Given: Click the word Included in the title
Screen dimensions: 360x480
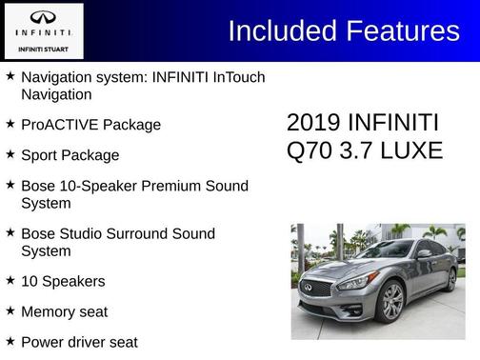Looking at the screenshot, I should [x=284, y=30].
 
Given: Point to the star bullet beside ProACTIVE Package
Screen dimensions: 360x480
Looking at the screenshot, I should [x=10, y=124].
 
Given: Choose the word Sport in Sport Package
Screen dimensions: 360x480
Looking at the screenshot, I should [x=41, y=155].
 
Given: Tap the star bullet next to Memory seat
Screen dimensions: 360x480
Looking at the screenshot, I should [x=10, y=310].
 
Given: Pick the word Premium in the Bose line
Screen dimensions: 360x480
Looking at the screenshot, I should [x=178, y=186].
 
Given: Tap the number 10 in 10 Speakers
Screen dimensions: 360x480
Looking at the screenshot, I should [x=30, y=281].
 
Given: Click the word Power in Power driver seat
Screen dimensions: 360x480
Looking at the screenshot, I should [x=43, y=342].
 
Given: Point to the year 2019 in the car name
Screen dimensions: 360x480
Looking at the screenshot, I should [x=313, y=123].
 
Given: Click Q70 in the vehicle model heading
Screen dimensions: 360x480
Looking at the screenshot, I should [x=309, y=150].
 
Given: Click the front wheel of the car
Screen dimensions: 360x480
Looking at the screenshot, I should [x=390, y=302].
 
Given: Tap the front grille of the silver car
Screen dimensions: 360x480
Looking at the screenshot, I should [x=316, y=288].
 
